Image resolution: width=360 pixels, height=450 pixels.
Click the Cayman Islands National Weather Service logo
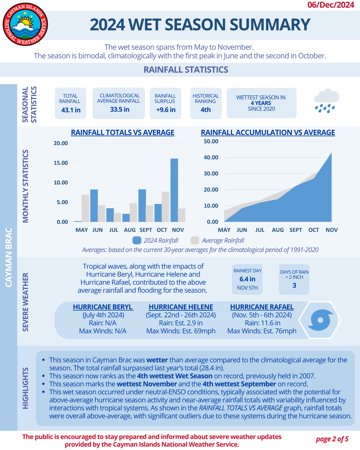(x=25, y=24)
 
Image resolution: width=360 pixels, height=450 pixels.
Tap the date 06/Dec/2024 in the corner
(x=331, y=5)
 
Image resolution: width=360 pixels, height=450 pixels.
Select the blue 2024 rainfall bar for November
(x=174, y=190)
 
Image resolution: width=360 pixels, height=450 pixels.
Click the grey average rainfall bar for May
(x=85, y=208)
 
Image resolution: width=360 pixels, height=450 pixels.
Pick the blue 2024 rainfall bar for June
(x=94, y=206)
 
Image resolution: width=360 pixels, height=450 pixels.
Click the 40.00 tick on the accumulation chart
(x=211, y=157)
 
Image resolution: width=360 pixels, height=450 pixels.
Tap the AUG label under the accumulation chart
(x=278, y=230)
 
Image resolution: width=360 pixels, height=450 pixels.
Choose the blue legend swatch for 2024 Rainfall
(x=137, y=240)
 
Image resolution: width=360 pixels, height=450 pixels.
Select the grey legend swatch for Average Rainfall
(x=195, y=240)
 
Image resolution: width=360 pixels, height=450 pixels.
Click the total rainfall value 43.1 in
(x=71, y=110)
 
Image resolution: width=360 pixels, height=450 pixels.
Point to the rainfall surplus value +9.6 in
(x=166, y=110)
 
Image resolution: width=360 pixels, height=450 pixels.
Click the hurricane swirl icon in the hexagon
(x=320, y=320)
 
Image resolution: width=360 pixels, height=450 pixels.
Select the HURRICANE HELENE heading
(x=181, y=307)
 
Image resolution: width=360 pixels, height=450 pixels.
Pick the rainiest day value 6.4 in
(x=247, y=279)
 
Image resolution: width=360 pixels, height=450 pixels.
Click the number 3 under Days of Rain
(x=294, y=285)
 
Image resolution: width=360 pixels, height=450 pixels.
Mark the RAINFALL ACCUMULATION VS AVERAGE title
(x=268, y=132)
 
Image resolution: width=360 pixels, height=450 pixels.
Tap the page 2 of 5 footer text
(x=332, y=439)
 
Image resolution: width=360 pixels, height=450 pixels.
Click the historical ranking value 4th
(x=206, y=110)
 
